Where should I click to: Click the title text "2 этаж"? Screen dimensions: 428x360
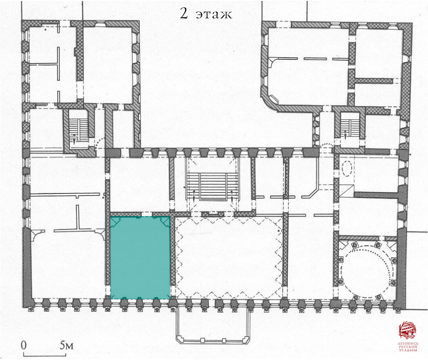[x=206, y=13]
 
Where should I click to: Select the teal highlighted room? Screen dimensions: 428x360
[x=140, y=257]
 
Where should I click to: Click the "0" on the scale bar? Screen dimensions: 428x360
[x=24, y=345]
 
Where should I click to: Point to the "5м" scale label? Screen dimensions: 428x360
[x=67, y=345]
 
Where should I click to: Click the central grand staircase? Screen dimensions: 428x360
[x=213, y=186]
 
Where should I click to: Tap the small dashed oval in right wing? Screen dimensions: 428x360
[x=347, y=168]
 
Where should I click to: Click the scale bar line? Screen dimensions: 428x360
[x=45, y=355]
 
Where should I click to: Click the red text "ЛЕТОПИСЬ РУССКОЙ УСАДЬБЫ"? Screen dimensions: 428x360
[x=408, y=347]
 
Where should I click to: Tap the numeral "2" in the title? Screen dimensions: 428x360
[x=183, y=13]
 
